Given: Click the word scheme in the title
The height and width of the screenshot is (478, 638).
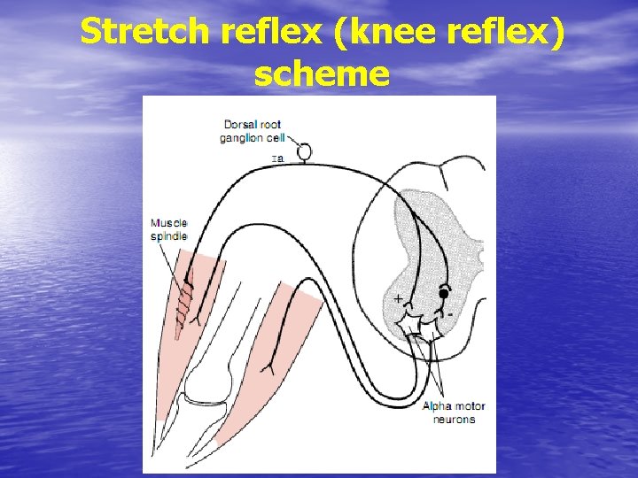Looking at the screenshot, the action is click(321, 74).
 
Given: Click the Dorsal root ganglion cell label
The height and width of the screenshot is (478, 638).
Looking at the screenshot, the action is click(253, 130).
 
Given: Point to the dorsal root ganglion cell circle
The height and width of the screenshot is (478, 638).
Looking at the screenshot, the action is click(304, 152).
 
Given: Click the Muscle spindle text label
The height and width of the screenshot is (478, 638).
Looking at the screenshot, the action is click(168, 229).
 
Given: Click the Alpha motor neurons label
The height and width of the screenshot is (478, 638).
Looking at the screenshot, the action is click(454, 412).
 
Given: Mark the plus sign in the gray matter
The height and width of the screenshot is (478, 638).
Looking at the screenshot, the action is click(398, 298).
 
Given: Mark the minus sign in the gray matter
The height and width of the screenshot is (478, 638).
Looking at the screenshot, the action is click(451, 314).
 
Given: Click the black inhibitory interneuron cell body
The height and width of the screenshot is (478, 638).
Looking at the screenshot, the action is click(443, 293).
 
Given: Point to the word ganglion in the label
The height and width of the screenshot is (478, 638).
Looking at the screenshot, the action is click(241, 137).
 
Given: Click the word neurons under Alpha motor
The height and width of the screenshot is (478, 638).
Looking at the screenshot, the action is click(454, 419).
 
